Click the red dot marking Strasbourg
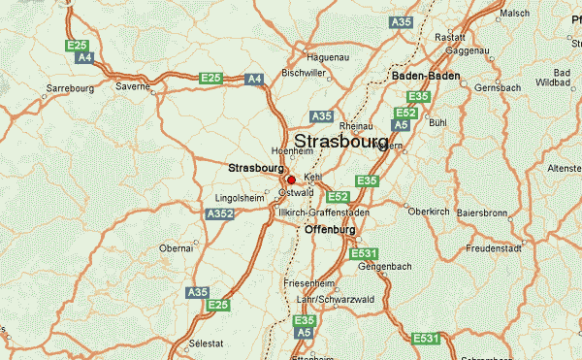pyautogui.click(x=291, y=180)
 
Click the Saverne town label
pyautogui.click(x=134, y=85)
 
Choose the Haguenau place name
pyautogui.click(x=325, y=57)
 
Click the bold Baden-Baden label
pyautogui.click(x=423, y=75)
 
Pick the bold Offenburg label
pyautogui.click(x=330, y=230)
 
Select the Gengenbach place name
pyautogui.click(x=385, y=265)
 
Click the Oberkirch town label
pyautogui.click(x=429, y=212)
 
